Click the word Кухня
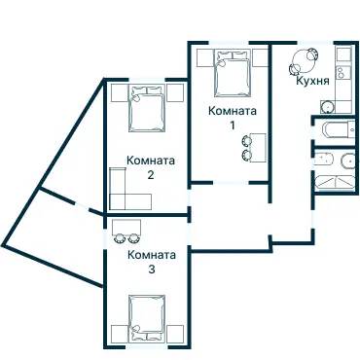[x=312, y=81]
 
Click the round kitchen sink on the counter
[x=327, y=106]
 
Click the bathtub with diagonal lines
[x=335, y=183]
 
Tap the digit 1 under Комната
[x=232, y=126]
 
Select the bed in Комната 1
[x=233, y=73]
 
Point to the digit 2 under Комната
[x=151, y=175]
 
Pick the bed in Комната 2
[x=147, y=108]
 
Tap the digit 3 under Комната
[x=152, y=270]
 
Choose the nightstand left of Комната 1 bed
[x=205, y=57]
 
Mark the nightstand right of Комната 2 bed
[x=175, y=93]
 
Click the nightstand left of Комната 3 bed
[x=120, y=334]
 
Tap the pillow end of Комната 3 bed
[x=147, y=337]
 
